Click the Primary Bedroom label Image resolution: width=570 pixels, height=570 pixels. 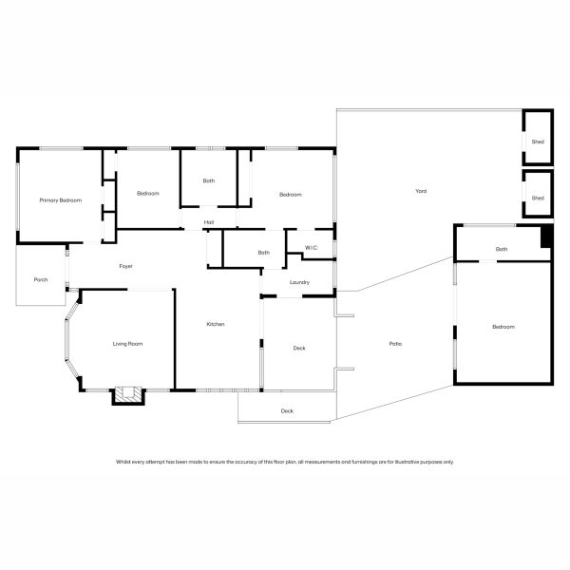pyautogui.click(x=60, y=200)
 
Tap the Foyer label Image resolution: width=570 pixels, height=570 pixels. pyautogui.click(x=125, y=266)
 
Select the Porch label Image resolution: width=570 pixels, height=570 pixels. pyautogui.click(x=41, y=279)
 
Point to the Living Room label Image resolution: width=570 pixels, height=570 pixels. pyautogui.click(x=127, y=343)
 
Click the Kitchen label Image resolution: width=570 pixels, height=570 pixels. pyautogui.click(x=216, y=325)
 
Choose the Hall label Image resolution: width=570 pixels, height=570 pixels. pyautogui.click(x=208, y=223)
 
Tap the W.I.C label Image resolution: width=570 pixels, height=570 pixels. pyautogui.click(x=311, y=249)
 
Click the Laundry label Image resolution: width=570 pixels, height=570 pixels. pyautogui.click(x=300, y=282)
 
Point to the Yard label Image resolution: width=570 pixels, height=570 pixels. pyautogui.click(x=421, y=191)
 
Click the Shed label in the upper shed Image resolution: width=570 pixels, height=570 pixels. pyautogui.click(x=538, y=142)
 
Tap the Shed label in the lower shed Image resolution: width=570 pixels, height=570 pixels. pyautogui.click(x=538, y=198)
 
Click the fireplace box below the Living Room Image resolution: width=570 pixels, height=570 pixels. pyautogui.click(x=127, y=394)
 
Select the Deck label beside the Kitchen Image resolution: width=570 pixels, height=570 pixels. pyautogui.click(x=299, y=349)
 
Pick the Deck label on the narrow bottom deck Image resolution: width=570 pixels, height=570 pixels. pyautogui.click(x=287, y=410)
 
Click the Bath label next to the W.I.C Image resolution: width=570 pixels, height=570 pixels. pyautogui.click(x=264, y=253)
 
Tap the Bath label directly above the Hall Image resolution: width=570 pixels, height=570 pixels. pyautogui.click(x=209, y=180)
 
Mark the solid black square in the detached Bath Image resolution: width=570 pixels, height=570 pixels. pyautogui.click(x=546, y=237)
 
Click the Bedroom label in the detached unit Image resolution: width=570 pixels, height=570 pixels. pyautogui.click(x=503, y=327)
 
